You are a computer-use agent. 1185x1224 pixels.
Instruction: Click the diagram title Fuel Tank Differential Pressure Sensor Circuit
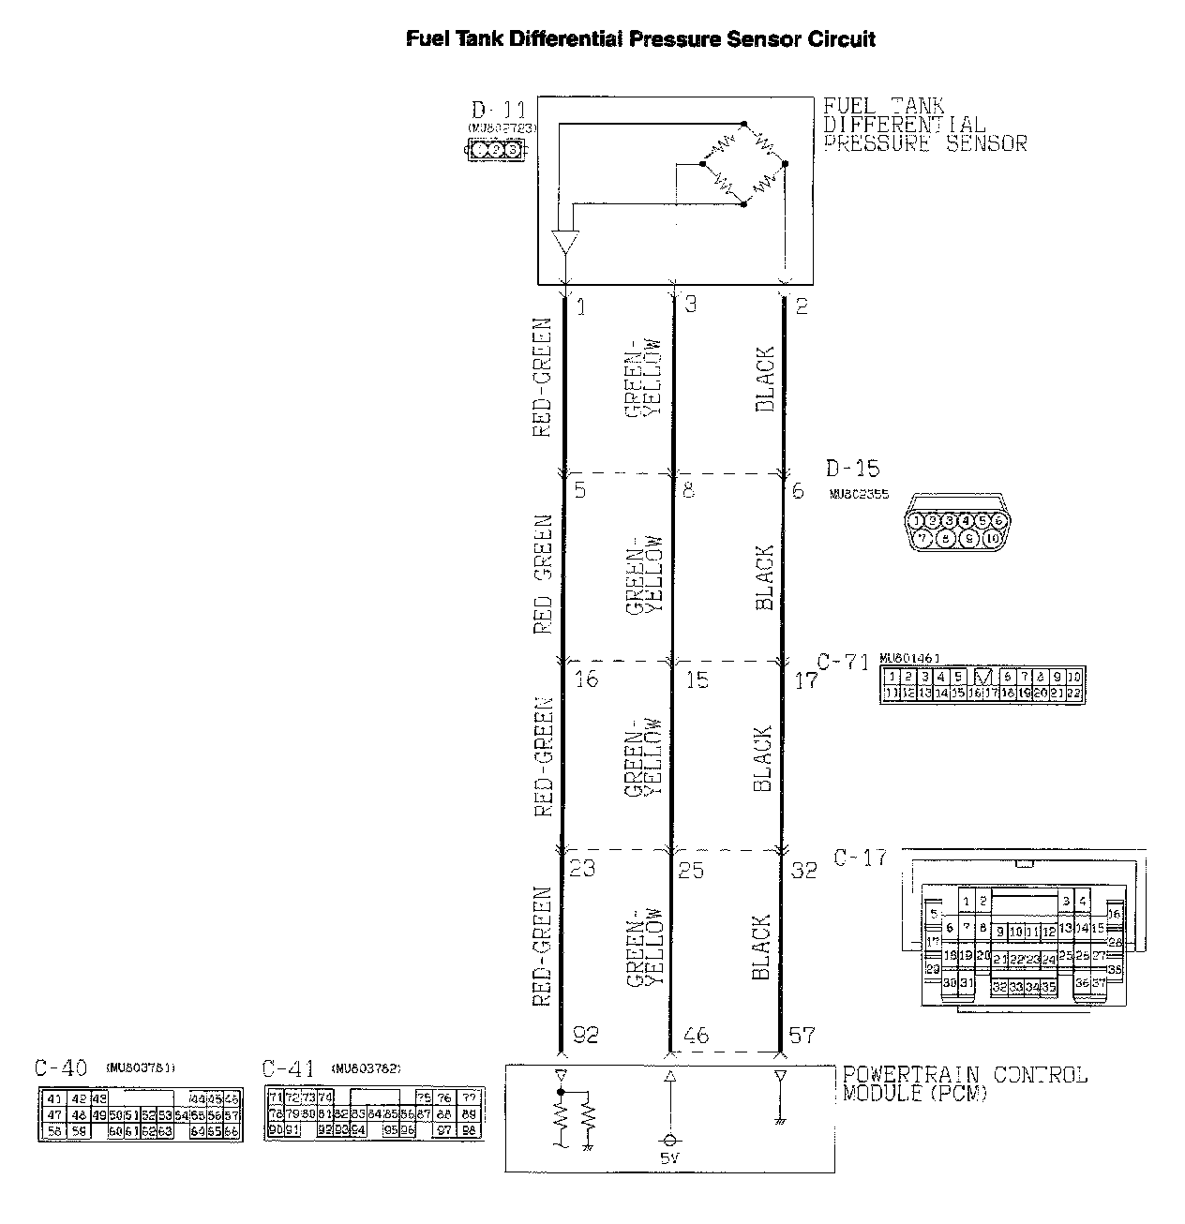tap(640, 39)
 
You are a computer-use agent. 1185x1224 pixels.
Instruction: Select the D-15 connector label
tap(853, 468)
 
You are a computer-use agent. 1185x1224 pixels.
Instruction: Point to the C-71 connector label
tap(843, 663)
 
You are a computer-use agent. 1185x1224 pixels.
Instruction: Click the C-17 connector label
tap(860, 858)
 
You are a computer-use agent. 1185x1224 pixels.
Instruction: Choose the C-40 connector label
tap(61, 1067)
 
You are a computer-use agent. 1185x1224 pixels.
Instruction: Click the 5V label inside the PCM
tap(669, 1157)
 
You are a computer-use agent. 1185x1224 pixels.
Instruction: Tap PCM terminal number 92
tap(584, 1036)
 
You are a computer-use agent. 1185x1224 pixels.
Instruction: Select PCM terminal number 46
tap(697, 1036)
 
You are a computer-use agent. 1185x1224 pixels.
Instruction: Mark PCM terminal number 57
tap(802, 1036)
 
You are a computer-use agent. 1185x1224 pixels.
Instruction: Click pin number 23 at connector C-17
tap(582, 868)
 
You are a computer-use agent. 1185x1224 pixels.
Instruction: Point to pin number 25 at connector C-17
tap(691, 870)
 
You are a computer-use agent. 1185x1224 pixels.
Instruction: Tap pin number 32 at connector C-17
tap(804, 870)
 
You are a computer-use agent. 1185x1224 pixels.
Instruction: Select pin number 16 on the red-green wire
tap(586, 679)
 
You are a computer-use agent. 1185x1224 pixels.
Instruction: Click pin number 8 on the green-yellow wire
tap(689, 490)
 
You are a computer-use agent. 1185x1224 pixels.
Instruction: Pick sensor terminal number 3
tap(691, 305)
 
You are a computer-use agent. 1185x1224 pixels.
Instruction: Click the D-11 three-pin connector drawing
tap(495, 150)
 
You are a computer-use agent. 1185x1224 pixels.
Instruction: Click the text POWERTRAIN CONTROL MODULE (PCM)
tap(965, 1083)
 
